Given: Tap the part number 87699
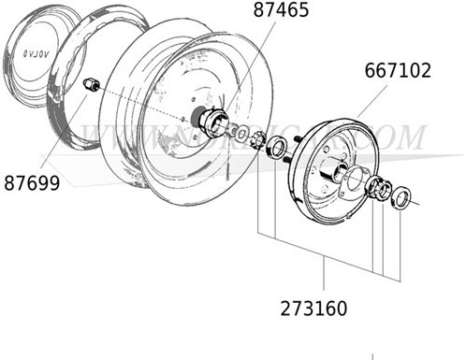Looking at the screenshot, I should pyautogui.click(x=30, y=183).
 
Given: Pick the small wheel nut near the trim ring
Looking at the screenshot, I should pyautogui.click(x=92, y=85).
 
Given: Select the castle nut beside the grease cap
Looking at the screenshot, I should pyautogui.click(x=255, y=139).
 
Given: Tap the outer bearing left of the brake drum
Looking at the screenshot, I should pyautogui.click(x=276, y=147).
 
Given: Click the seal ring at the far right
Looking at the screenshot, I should pyautogui.click(x=400, y=197).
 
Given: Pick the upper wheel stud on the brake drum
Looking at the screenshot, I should pyautogui.click(x=295, y=142).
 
